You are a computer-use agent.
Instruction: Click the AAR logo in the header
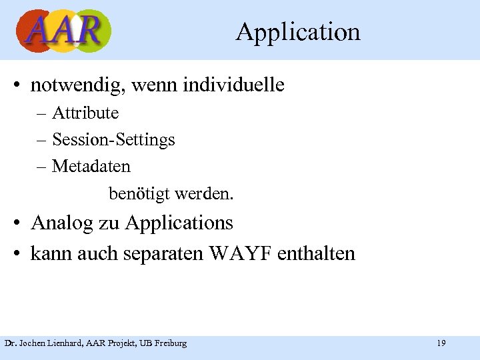[x=63, y=31]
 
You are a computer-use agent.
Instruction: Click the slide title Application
[x=297, y=32]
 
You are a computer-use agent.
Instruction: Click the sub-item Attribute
[x=85, y=113]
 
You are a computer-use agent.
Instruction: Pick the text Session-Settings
[x=113, y=139]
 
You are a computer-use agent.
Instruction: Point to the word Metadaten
[x=91, y=165]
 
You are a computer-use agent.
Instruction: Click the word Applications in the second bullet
[x=179, y=223]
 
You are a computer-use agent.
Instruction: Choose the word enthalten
[x=316, y=254]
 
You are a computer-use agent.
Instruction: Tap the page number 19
[x=441, y=343]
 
